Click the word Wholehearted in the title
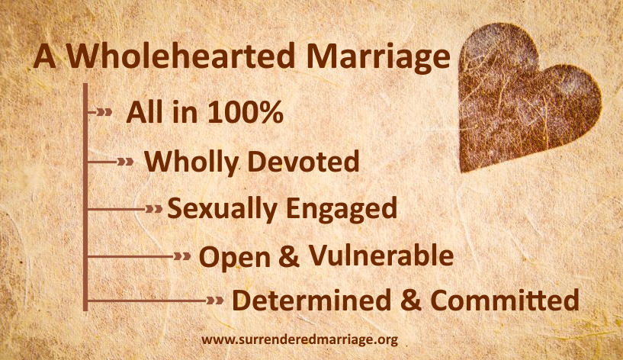click(x=181, y=56)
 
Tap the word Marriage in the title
click(x=378, y=59)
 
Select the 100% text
click(x=246, y=112)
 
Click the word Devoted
click(x=303, y=162)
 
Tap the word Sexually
click(x=222, y=209)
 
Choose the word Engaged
click(x=342, y=209)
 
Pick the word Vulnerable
click(x=381, y=255)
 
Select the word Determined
click(x=312, y=300)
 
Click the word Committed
click(x=505, y=300)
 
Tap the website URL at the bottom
click(x=300, y=339)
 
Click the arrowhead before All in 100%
click(x=104, y=112)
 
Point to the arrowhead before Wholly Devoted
click(x=126, y=162)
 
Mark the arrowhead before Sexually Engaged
click(x=154, y=209)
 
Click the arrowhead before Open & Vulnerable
click(x=182, y=257)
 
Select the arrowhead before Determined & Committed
click(x=215, y=301)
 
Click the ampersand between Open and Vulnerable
click(x=289, y=256)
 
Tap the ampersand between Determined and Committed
click(x=411, y=300)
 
